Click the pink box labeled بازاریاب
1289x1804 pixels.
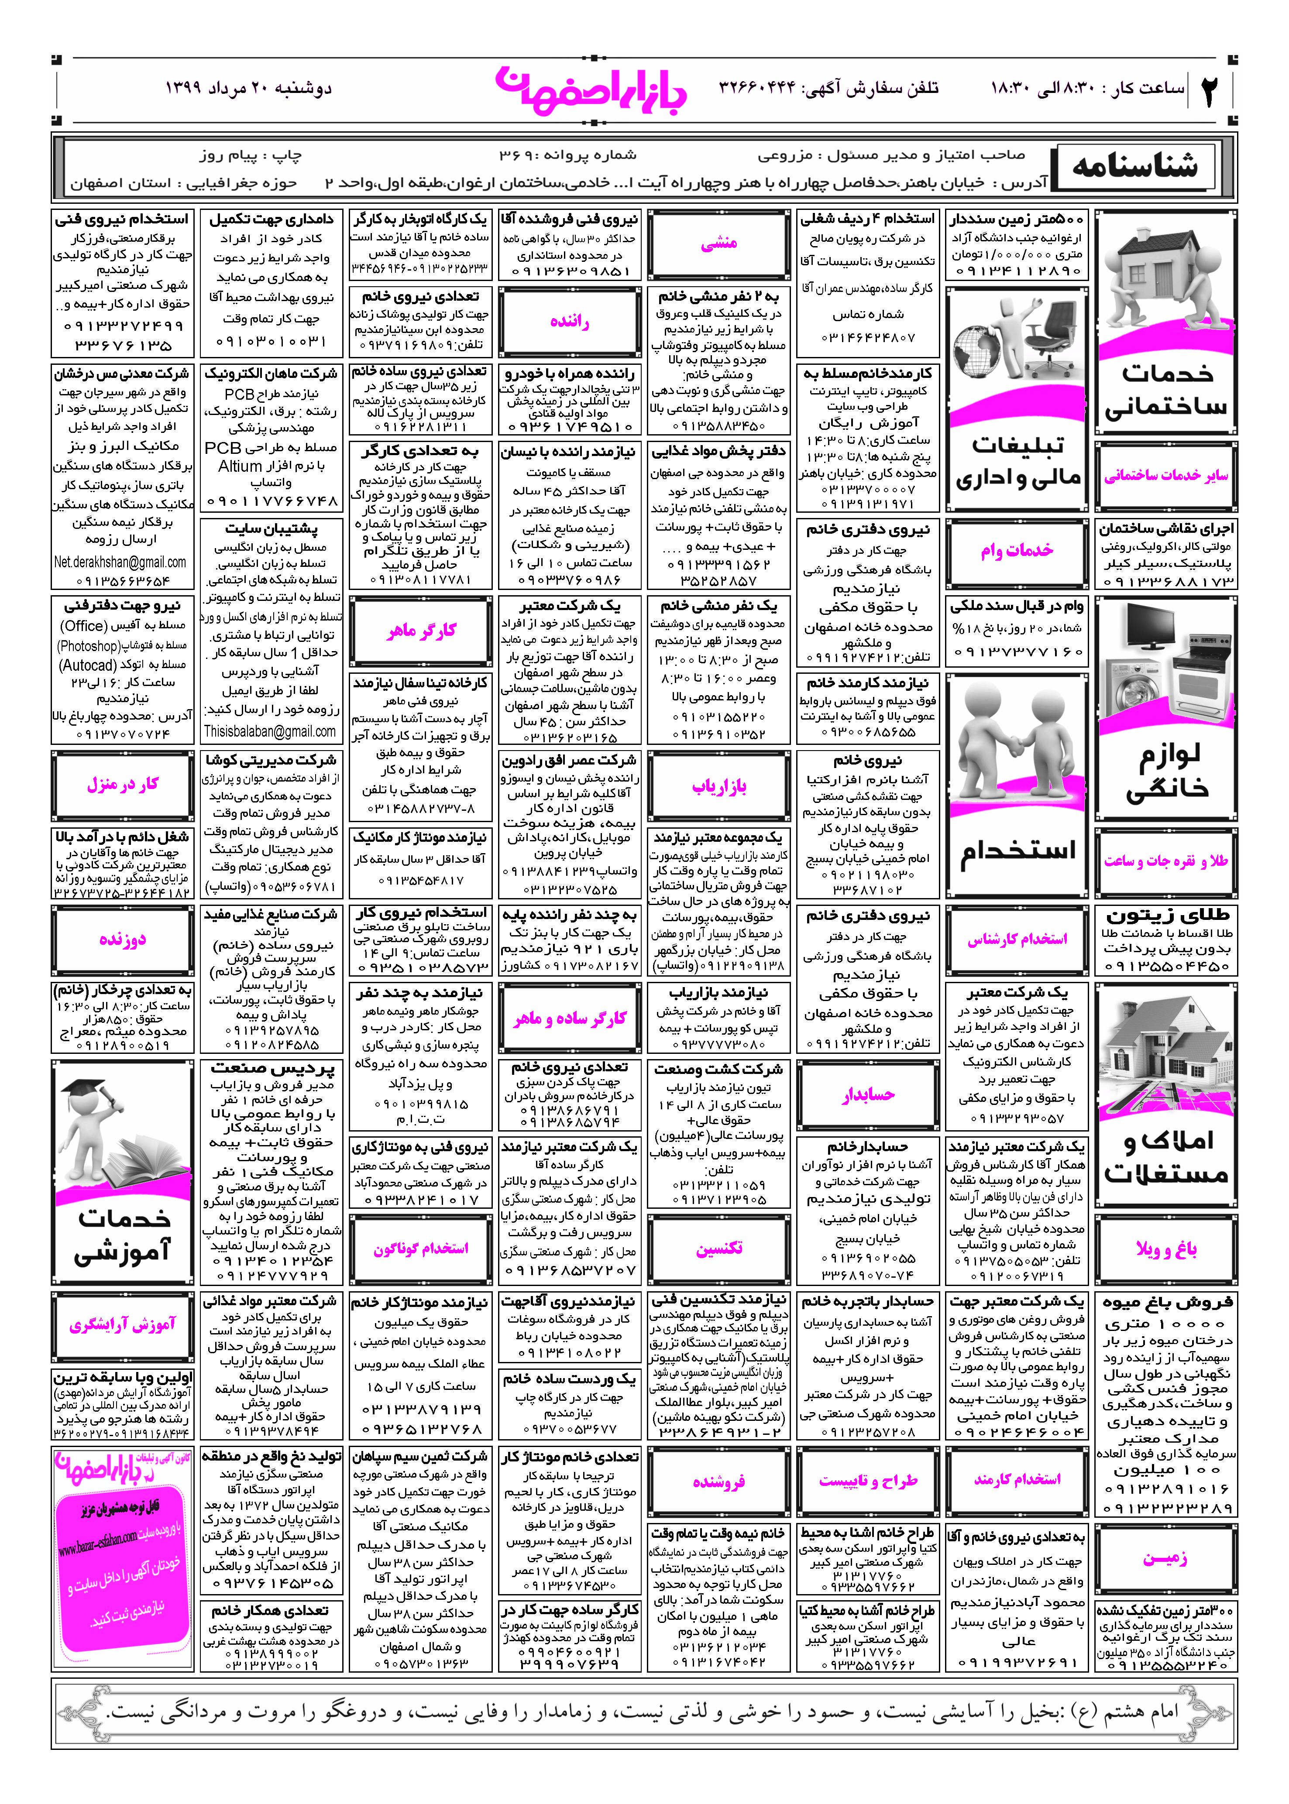tap(718, 786)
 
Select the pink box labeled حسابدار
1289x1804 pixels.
tap(868, 1095)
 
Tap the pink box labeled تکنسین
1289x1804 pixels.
tap(718, 1248)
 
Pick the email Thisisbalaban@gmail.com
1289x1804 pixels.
tap(270, 731)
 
